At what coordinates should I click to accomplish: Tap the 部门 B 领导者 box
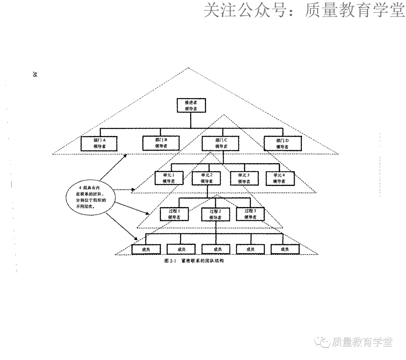click(x=161, y=143)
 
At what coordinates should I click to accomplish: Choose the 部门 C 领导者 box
click(x=221, y=143)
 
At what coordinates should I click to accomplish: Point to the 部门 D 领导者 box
click(x=282, y=143)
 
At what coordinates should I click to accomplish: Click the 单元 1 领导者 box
click(x=168, y=178)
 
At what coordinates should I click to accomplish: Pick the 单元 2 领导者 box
click(x=206, y=178)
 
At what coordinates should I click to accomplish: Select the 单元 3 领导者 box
click(x=244, y=178)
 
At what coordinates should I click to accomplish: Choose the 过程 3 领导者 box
click(x=250, y=214)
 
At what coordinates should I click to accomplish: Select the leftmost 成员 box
click(x=146, y=249)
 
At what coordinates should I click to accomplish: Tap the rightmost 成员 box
click(x=285, y=249)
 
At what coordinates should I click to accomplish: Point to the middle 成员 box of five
click(x=216, y=249)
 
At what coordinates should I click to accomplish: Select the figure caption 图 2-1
click(x=194, y=261)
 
